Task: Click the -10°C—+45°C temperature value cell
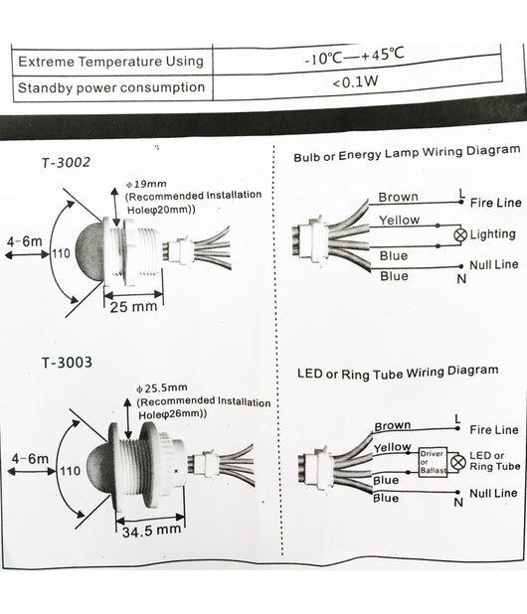[x=356, y=60]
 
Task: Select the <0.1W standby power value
[x=355, y=82]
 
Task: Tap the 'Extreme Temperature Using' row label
[x=111, y=62]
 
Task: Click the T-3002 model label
[x=66, y=162]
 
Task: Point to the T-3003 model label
[x=67, y=363]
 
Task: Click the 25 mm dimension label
[x=133, y=307]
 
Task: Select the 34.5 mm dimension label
[x=151, y=531]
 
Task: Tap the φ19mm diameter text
[x=146, y=184]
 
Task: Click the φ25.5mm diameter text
[x=161, y=388]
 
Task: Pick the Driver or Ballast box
[x=433, y=462]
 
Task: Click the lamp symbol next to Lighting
[x=460, y=234]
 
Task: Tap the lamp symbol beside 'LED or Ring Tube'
[x=457, y=462]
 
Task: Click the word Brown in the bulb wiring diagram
[x=398, y=197]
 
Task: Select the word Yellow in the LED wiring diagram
[x=392, y=447]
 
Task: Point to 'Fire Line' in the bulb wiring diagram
[x=495, y=203]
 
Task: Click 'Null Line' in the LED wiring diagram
[x=493, y=493]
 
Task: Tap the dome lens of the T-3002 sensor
[x=89, y=249]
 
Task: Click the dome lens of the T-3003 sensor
[x=99, y=469]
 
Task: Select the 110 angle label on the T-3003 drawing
[x=70, y=470]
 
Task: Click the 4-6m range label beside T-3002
[x=24, y=241]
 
